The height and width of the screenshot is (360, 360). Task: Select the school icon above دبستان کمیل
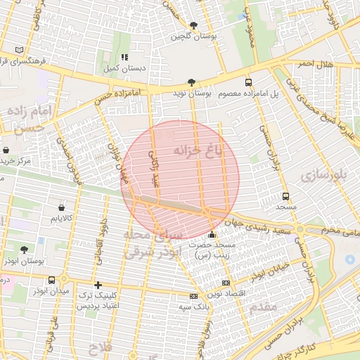124,57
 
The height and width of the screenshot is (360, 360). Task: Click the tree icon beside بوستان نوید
192,82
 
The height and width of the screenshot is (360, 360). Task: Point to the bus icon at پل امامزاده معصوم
248,82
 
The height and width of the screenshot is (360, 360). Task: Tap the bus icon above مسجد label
285,197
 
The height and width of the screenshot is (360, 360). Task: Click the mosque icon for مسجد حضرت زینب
212,234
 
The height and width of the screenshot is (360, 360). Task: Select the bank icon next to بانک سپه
193,296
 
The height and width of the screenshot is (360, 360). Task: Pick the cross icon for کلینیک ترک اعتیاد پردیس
98,283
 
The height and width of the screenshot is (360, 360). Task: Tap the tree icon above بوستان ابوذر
25,250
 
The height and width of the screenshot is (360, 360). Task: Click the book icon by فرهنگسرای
18,50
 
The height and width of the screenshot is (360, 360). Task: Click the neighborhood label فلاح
101,347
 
